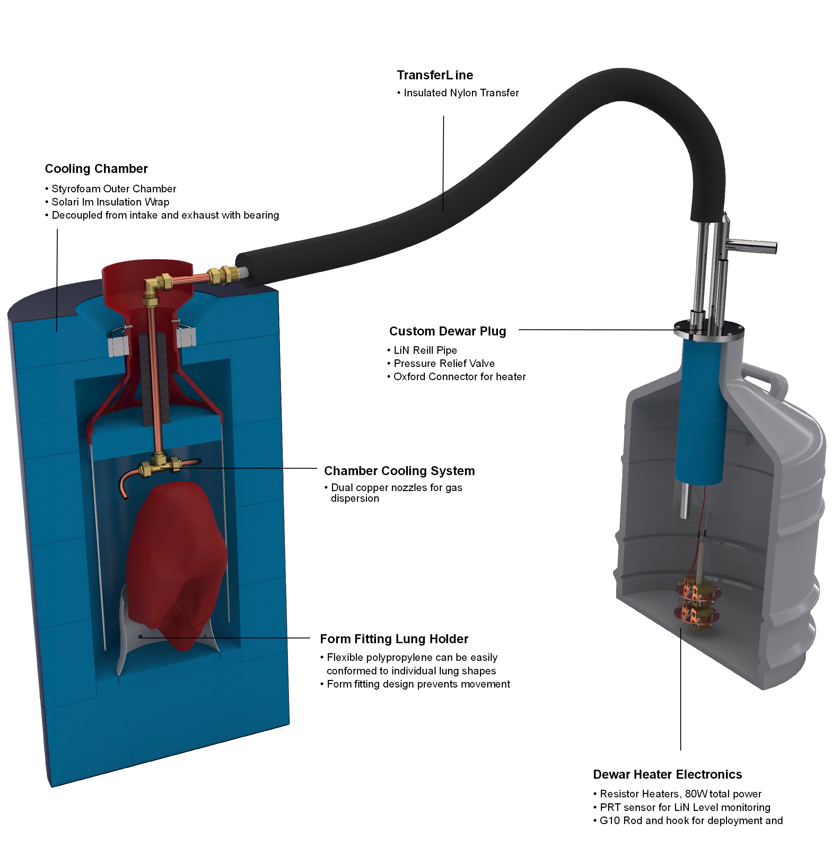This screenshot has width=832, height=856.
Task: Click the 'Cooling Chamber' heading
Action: [96, 169]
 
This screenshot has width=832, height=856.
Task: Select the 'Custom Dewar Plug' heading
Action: [447, 331]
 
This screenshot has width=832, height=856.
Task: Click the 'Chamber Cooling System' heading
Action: [399, 471]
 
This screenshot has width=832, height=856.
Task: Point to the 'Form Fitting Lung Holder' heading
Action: [394, 639]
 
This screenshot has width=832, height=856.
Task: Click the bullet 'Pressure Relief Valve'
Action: [444, 364]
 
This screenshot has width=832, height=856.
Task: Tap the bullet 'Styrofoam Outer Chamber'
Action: [114, 189]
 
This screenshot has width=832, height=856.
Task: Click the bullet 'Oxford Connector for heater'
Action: [459, 377]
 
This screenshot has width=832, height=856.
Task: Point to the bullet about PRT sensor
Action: [685, 807]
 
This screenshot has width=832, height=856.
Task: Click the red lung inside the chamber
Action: [177, 564]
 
